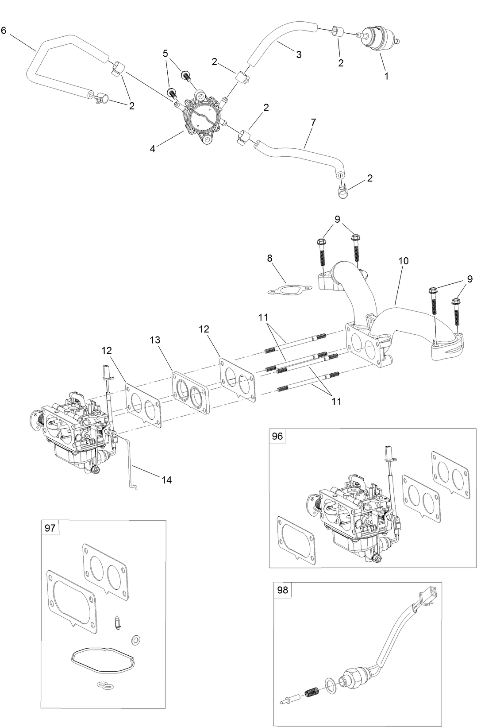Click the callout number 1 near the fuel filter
pyautogui.click(x=386, y=76)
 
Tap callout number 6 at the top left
pyautogui.click(x=4, y=31)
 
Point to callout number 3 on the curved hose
pyautogui.click(x=299, y=54)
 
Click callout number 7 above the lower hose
pyautogui.click(x=313, y=122)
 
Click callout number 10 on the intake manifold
pyautogui.click(x=403, y=261)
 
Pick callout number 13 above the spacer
pyautogui.click(x=155, y=340)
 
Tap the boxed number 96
pyautogui.click(x=277, y=436)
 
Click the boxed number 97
pyautogui.click(x=50, y=528)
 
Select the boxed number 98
pyautogui.click(x=282, y=590)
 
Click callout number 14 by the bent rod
pyautogui.click(x=166, y=480)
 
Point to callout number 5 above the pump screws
pyautogui.click(x=165, y=54)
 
